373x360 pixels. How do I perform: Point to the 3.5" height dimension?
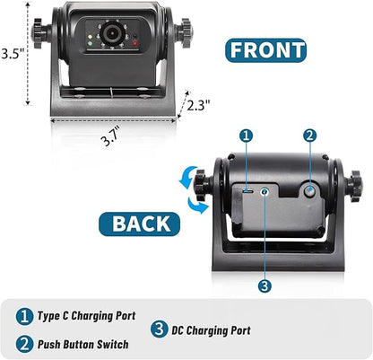[12, 54]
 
